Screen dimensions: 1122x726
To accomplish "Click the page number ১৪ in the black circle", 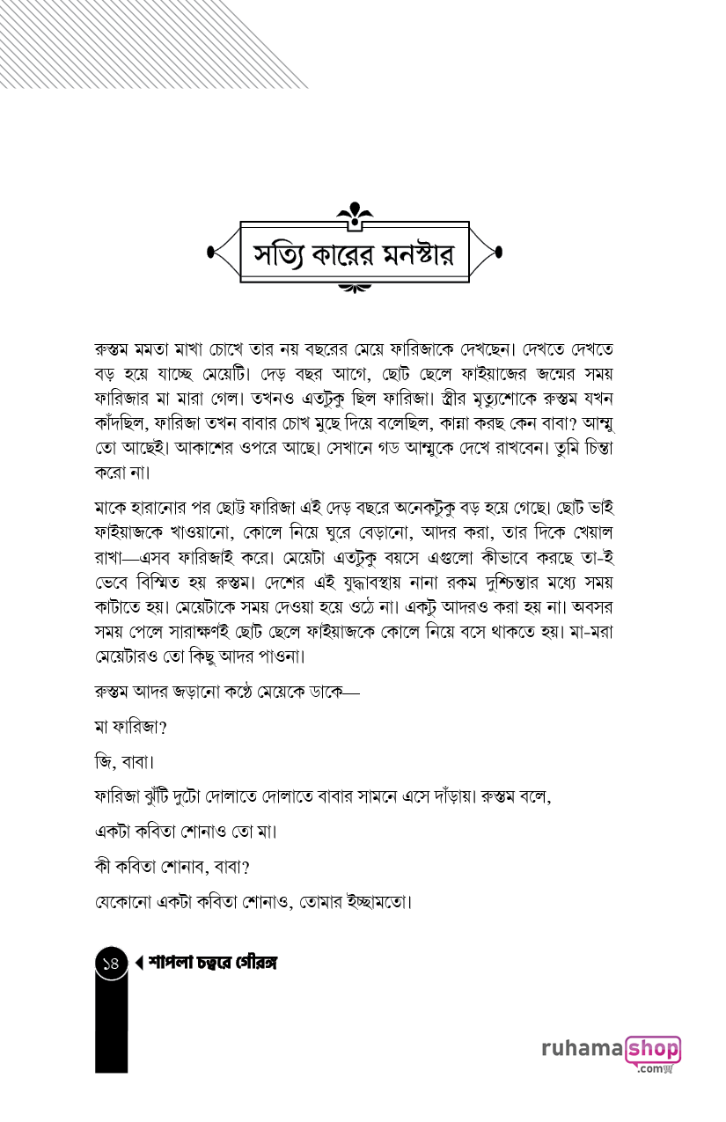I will point(111,964).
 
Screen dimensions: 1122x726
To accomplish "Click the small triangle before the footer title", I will point(139,964).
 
